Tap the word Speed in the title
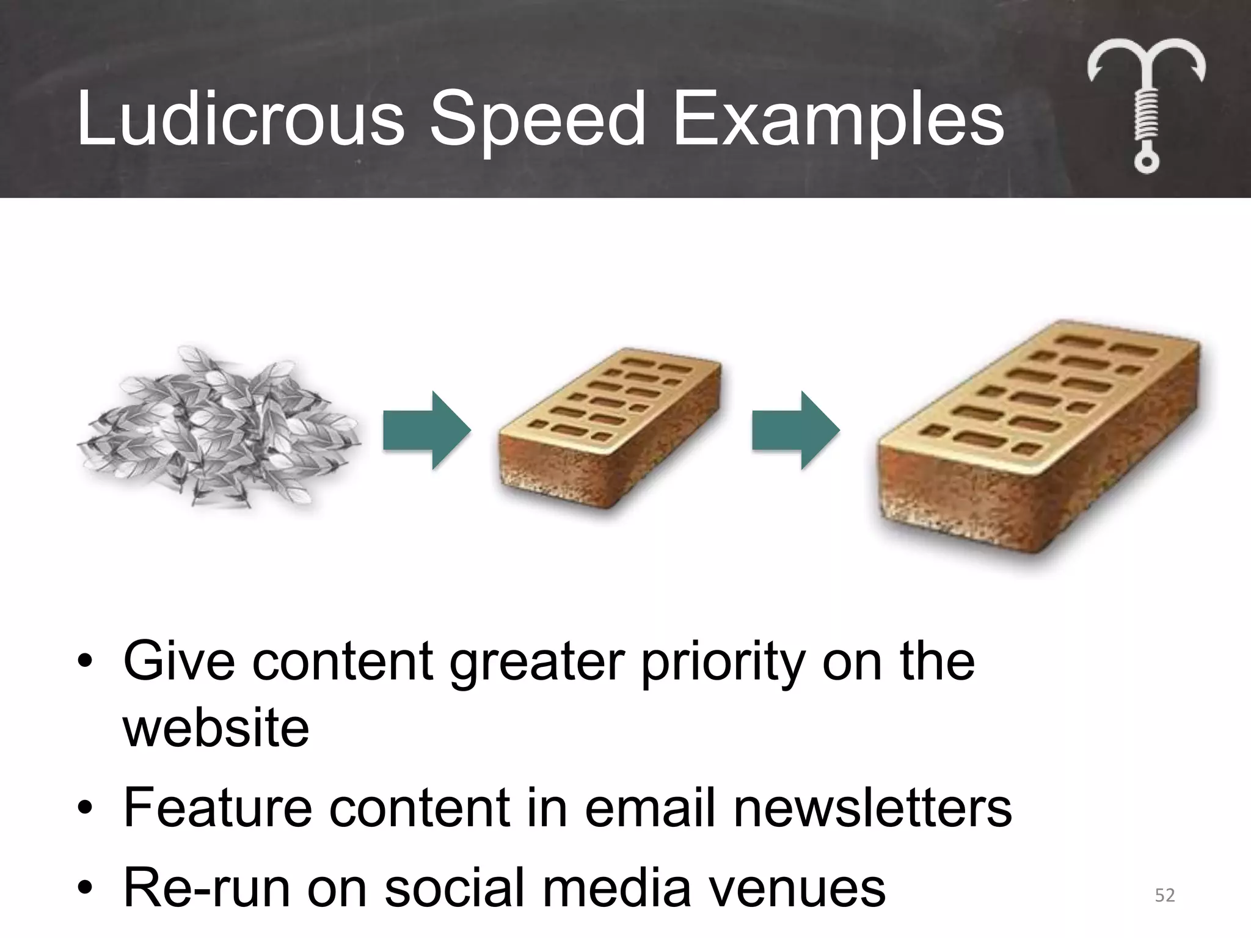point(537,120)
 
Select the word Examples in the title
point(837,120)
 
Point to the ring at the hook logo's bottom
point(1146,162)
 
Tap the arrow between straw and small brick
point(427,431)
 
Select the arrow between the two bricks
point(795,431)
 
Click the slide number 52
point(1164,895)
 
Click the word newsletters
point(873,807)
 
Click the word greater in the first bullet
point(538,663)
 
